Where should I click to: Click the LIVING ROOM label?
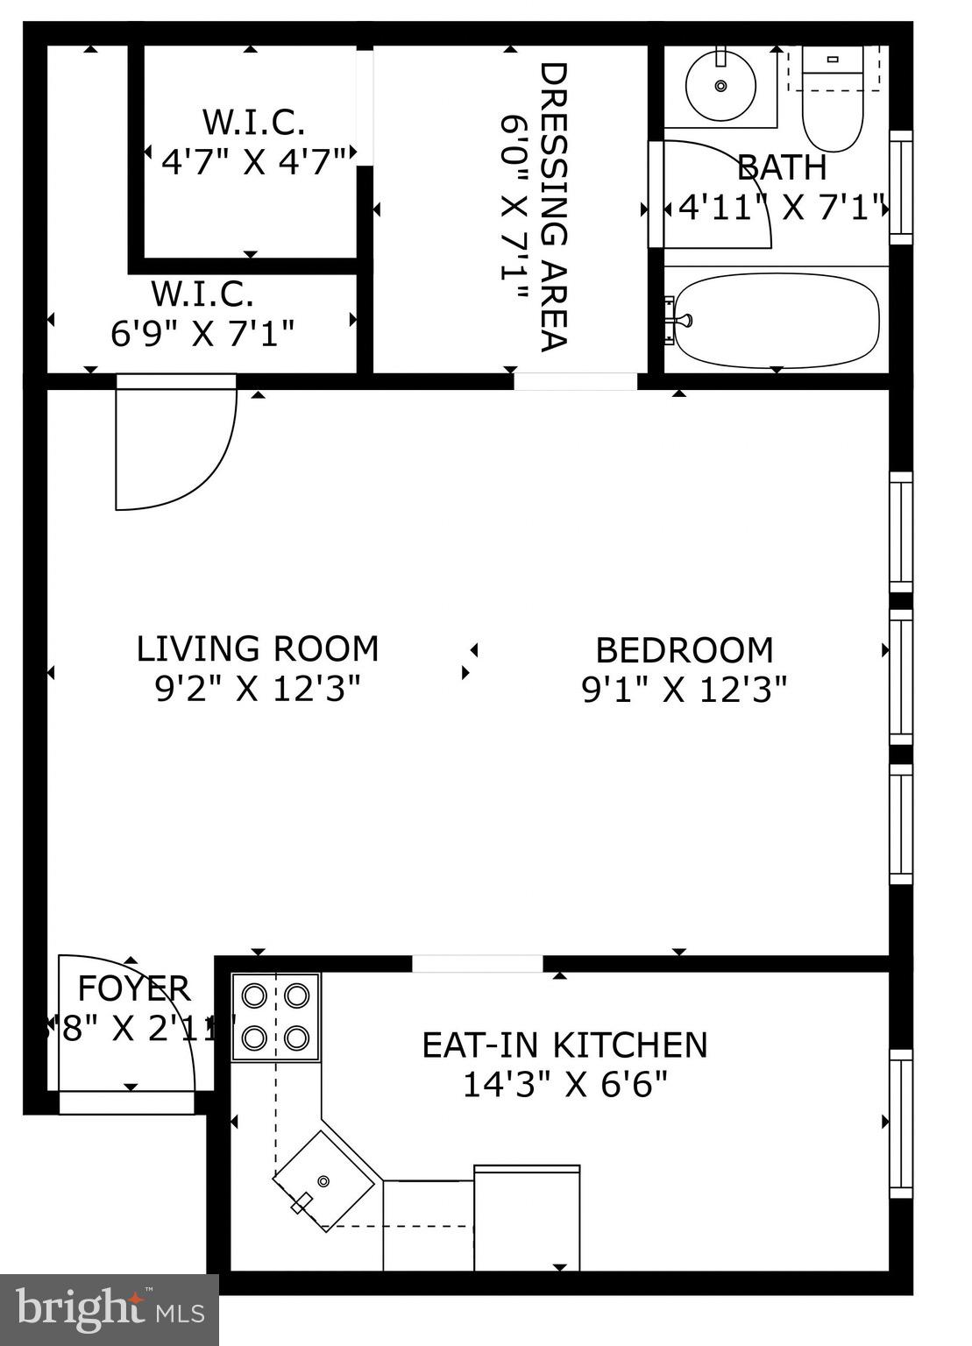click(258, 649)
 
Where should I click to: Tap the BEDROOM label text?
click(685, 651)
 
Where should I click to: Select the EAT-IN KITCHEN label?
click(564, 1045)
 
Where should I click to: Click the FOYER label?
click(134, 988)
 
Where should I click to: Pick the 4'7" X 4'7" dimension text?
click(253, 161)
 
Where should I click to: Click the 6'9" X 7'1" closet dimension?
click(202, 333)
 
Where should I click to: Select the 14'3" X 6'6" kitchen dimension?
click(564, 1086)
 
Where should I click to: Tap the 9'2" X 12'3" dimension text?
click(258, 690)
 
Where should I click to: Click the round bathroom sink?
click(720, 86)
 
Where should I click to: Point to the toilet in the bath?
click(832, 105)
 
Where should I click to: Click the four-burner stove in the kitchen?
click(275, 1017)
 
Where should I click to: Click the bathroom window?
click(900, 187)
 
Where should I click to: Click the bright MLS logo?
click(109, 1309)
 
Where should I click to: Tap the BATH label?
click(781, 166)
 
